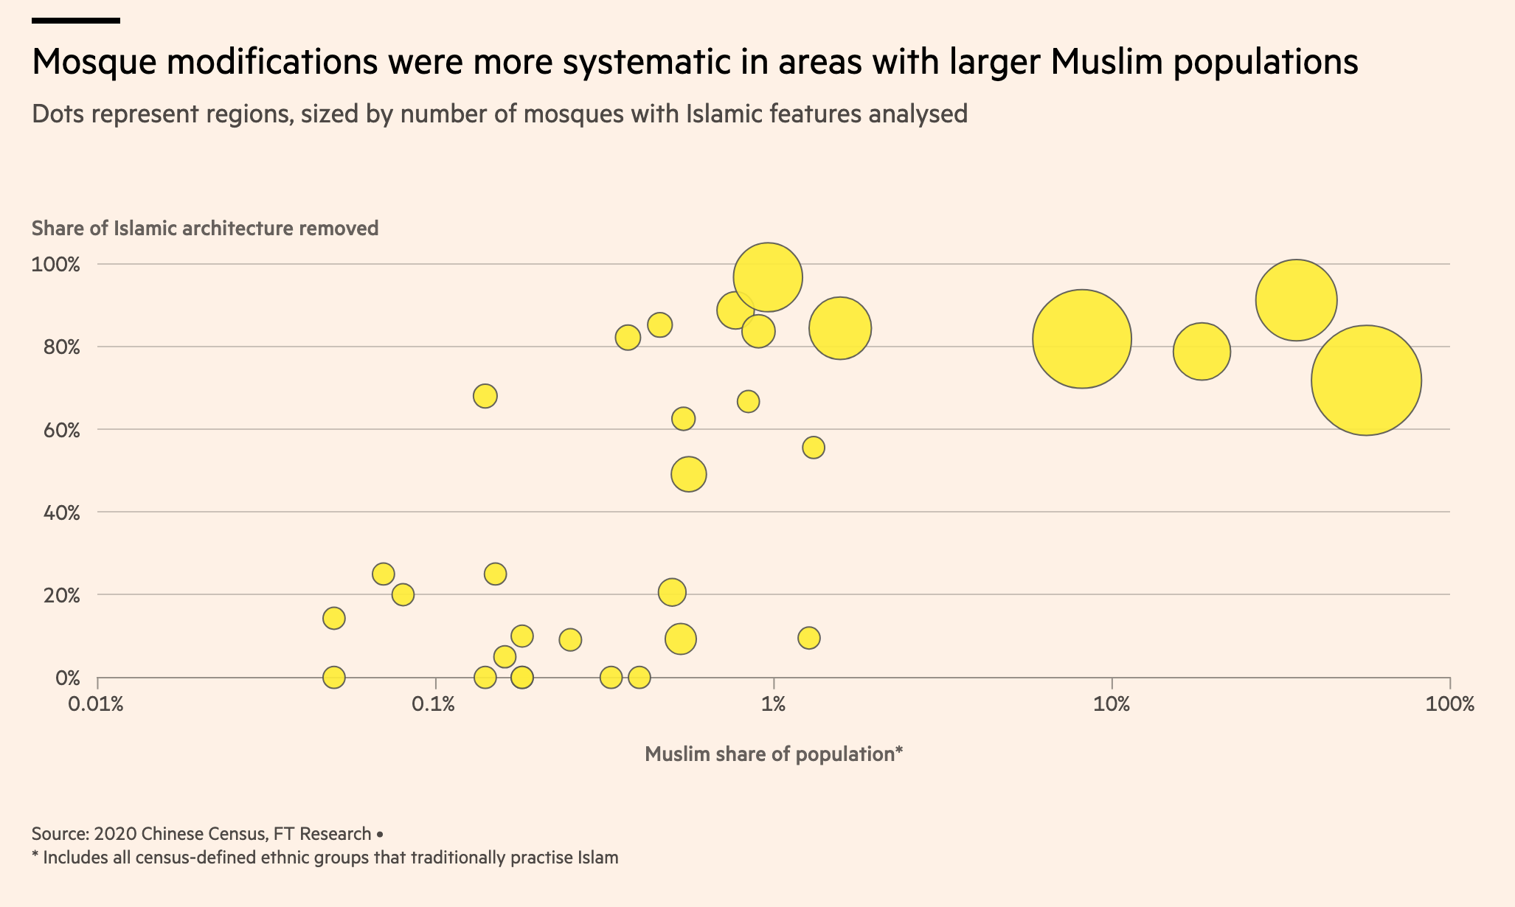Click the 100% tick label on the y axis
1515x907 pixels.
click(55, 265)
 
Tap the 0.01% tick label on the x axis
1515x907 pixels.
click(97, 703)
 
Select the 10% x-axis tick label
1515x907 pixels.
click(1112, 703)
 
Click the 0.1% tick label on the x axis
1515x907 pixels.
click(435, 703)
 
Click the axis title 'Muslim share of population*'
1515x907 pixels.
click(774, 754)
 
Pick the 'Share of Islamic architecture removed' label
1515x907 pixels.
click(205, 229)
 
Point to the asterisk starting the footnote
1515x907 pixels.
click(35, 856)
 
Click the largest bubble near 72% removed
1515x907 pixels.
click(1366, 380)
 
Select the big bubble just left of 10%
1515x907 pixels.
click(1081, 339)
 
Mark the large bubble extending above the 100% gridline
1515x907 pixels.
click(768, 277)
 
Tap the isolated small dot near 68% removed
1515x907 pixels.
click(485, 396)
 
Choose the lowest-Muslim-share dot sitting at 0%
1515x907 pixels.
click(334, 677)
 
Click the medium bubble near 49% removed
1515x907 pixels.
click(689, 474)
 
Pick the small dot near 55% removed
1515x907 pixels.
click(814, 448)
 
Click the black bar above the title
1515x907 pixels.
click(76, 21)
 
